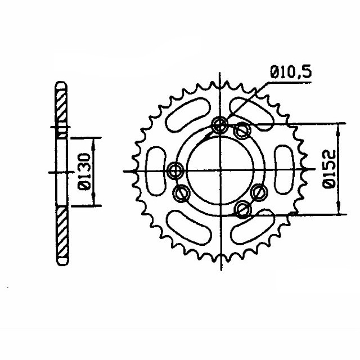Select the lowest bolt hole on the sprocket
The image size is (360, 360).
tap(243, 210)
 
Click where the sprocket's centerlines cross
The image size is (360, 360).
tap(219, 170)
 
